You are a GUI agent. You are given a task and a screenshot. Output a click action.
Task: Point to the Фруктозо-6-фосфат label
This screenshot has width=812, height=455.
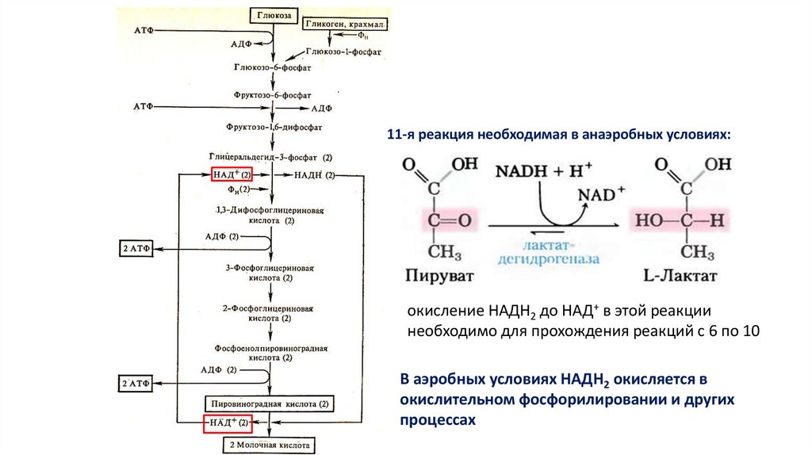[x=274, y=94]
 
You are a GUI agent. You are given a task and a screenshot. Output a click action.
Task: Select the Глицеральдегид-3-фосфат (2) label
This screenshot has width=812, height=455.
[x=270, y=159]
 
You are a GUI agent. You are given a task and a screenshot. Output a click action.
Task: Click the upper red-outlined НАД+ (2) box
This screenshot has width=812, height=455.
[x=232, y=174]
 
